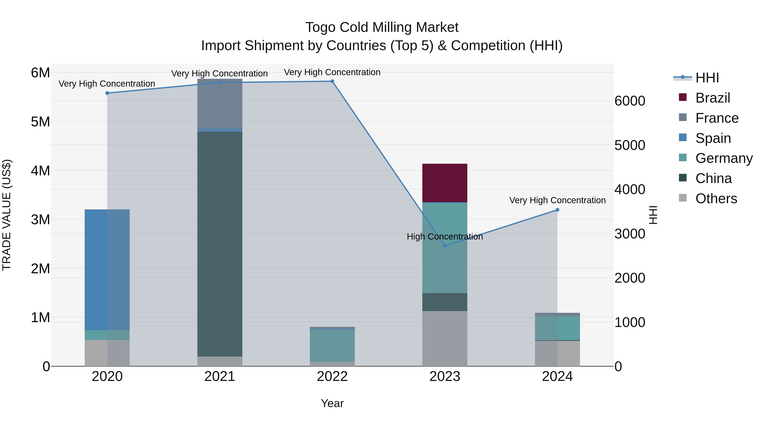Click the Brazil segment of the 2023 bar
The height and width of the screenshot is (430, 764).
point(445,183)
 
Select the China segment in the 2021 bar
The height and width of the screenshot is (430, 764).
point(220,243)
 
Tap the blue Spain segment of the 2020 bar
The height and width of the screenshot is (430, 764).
point(107,269)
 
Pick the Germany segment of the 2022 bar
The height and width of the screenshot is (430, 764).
point(332,345)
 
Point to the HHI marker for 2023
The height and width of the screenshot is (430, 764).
point(445,246)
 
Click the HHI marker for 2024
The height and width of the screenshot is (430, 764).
point(557,210)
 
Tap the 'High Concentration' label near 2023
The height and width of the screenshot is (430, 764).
point(445,237)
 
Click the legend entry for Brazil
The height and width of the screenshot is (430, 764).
point(712,98)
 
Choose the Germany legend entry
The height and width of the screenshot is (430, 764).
point(724,158)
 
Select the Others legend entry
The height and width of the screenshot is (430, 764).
point(716,199)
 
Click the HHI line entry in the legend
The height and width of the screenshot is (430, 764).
point(707,78)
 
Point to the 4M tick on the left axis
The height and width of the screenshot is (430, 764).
point(40,171)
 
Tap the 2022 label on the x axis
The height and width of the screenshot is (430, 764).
point(332,376)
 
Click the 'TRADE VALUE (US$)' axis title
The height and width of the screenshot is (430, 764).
point(7,215)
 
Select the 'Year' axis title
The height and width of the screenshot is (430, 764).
point(332,403)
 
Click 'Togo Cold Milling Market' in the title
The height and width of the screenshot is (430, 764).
point(382,27)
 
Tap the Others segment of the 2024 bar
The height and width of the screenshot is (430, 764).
point(557,353)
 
